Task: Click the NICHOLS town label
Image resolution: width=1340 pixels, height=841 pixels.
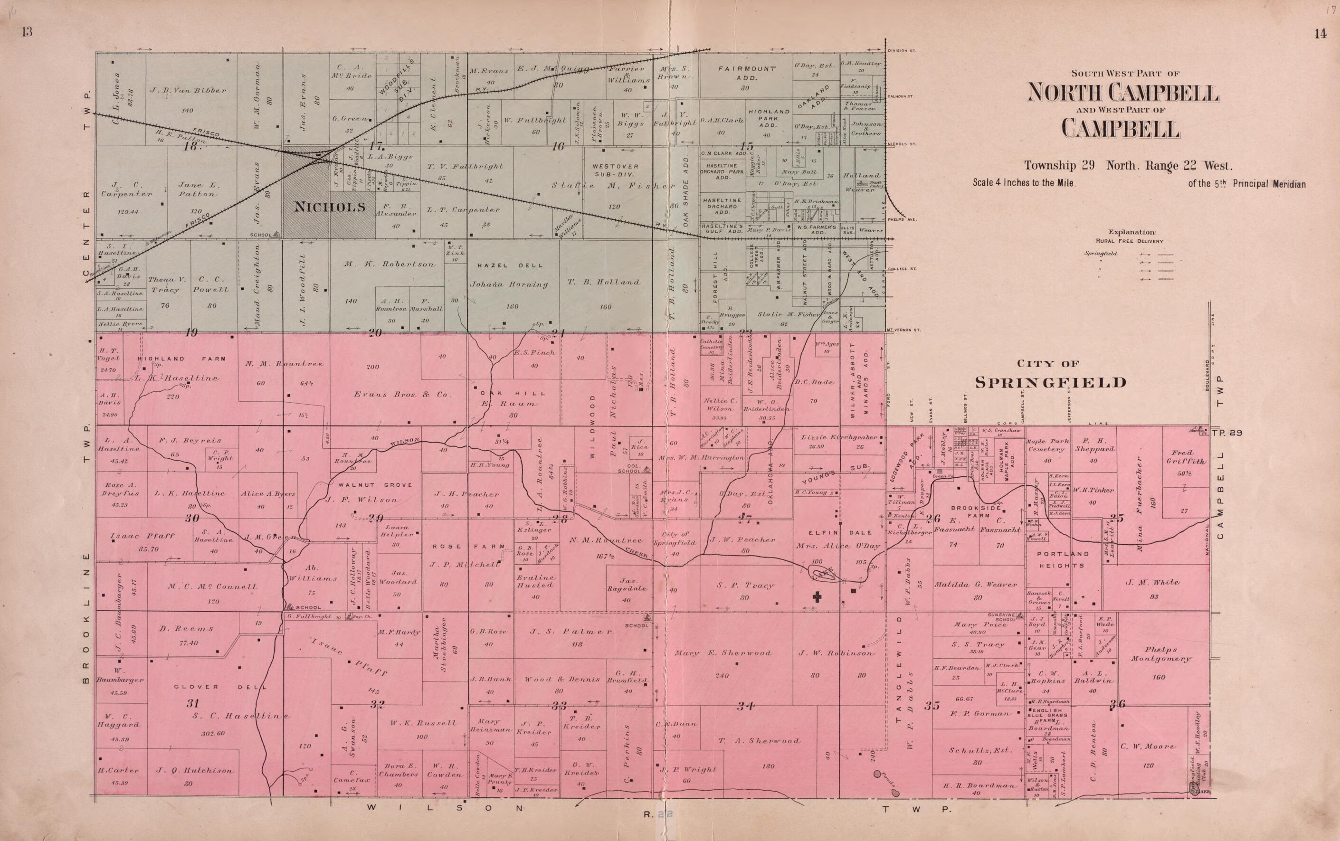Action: tap(329, 208)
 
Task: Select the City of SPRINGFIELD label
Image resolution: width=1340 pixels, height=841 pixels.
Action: tap(1051, 382)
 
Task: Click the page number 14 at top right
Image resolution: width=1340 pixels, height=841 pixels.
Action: tap(1321, 34)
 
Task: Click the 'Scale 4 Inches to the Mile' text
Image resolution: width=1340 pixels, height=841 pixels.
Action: tap(1024, 182)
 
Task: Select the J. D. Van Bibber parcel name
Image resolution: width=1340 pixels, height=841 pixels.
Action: tap(188, 90)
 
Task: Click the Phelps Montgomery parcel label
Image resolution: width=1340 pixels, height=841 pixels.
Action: tap(1161, 653)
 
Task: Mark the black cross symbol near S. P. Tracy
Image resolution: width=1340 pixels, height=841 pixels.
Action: tap(817, 597)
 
